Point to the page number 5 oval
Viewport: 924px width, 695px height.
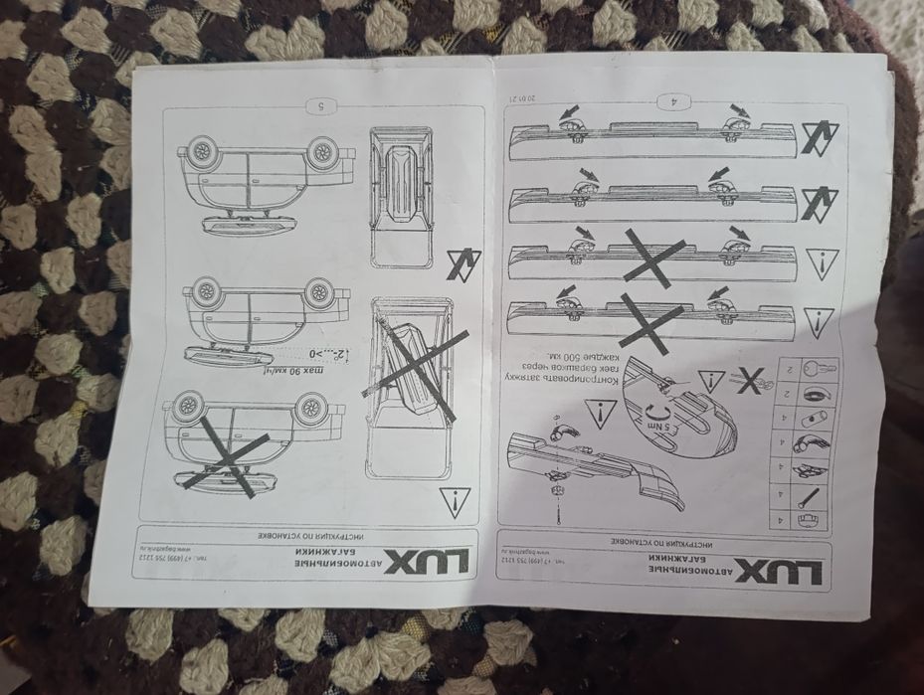(x=320, y=106)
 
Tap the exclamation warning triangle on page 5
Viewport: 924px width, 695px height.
(x=455, y=503)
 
